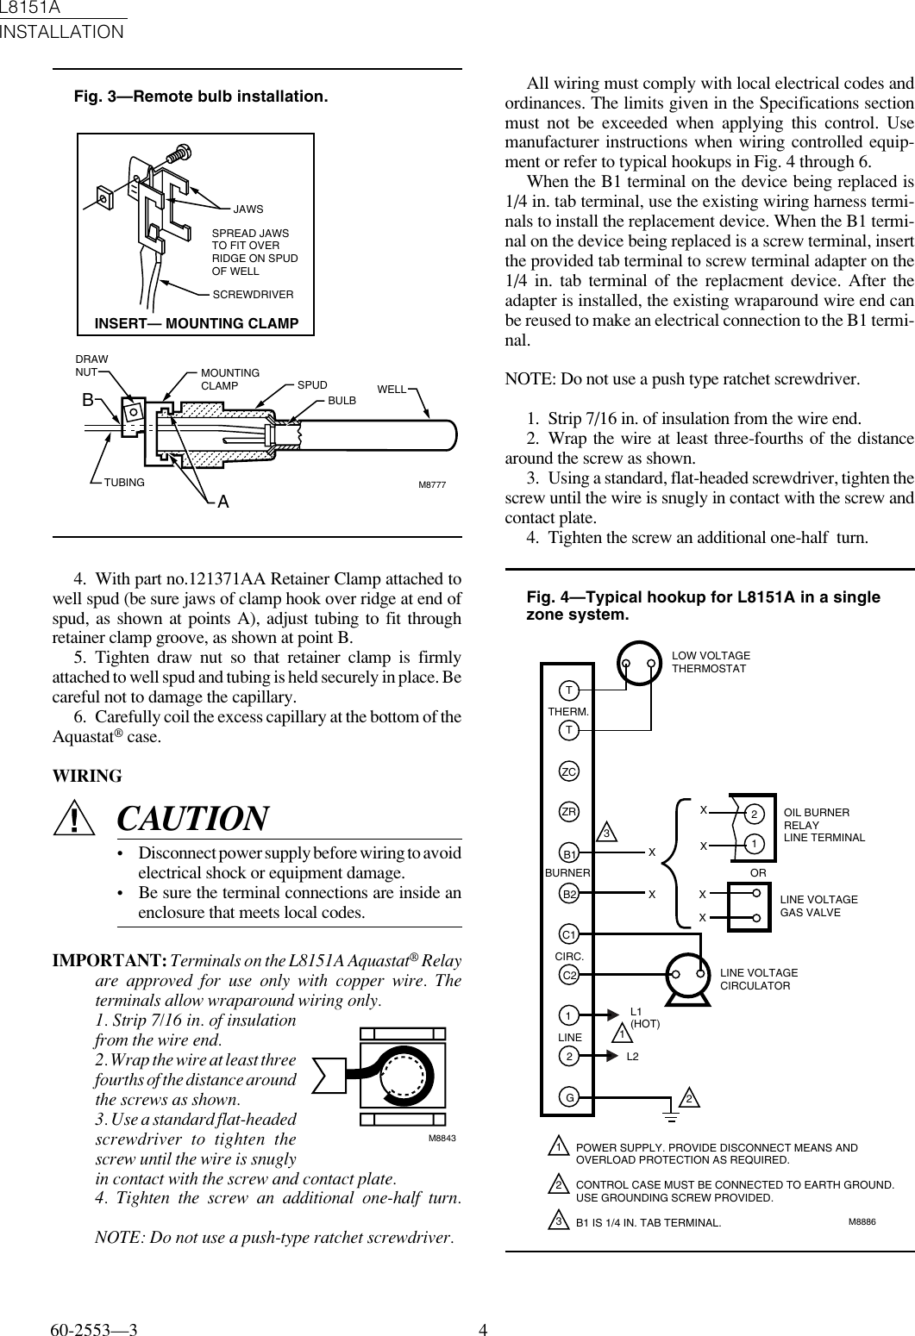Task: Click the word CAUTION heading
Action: (x=192, y=819)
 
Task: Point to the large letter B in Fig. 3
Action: (x=87, y=401)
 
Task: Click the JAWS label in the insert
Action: (x=248, y=209)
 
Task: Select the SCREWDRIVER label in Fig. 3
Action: (x=253, y=295)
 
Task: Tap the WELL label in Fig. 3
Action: (x=392, y=390)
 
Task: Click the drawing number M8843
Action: (x=442, y=1139)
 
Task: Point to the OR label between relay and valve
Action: (x=759, y=873)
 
